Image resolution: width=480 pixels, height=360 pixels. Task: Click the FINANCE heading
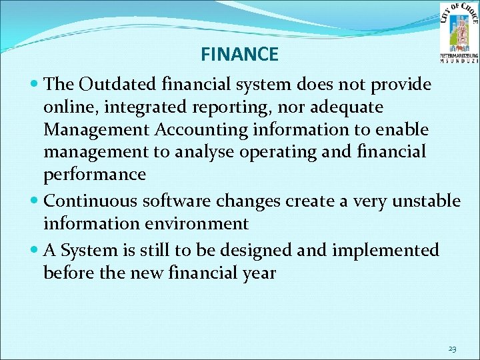(239, 54)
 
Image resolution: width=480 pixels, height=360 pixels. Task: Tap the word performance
(95, 174)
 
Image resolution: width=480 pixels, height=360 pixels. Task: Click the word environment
(189, 223)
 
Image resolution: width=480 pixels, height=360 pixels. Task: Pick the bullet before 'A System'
(35, 251)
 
